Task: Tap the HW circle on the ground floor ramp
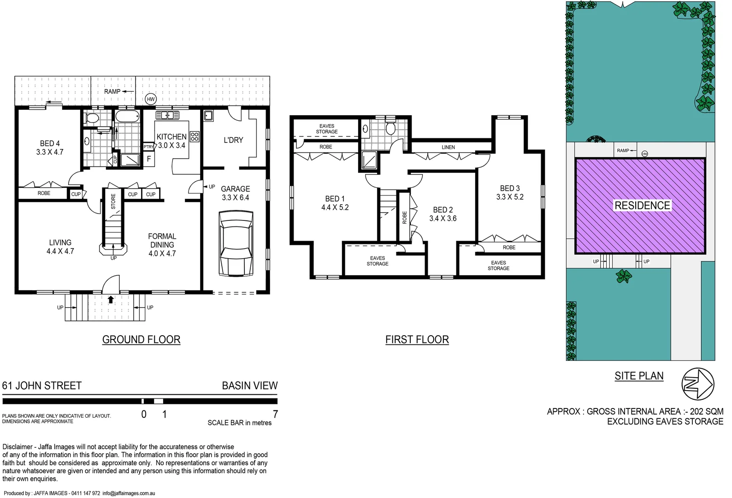tap(151, 99)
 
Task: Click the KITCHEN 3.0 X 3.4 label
tap(171, 141)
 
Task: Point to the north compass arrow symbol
tap(698, 384)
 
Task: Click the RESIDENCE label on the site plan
tap(642, 206)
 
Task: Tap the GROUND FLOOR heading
tap(141, 340)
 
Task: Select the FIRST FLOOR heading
tap(417, 340)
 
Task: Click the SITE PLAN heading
tap(639, 376)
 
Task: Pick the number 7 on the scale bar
tap(275, 414)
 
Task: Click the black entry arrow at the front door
tap(111, 300)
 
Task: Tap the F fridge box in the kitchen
tap(149, 159)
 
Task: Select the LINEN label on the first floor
tap(448, 147)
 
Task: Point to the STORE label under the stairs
tap(113, 201)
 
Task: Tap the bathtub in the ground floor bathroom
tap(127, 116)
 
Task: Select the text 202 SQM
tap(706, 411)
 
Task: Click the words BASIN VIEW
tap(250, 385)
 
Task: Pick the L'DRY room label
tap(233, 140)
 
